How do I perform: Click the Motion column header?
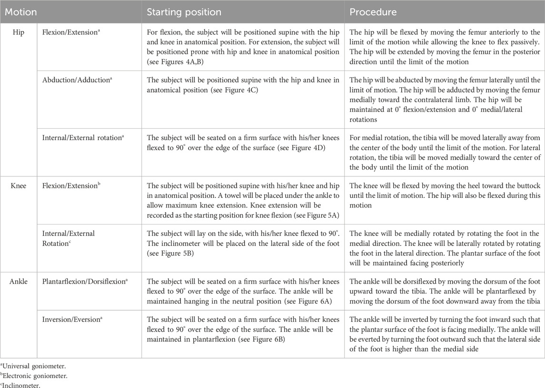pyautogui.click(x=20, y=12)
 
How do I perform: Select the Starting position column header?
pyautogui.click(x=184, y=12)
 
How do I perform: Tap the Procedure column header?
pyautogui.click(x=373, y=12)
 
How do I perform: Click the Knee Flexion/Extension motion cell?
pyautogui.click(x=70, y=186)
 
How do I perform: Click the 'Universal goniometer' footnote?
pyautogui.click(x=24, y=366)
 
